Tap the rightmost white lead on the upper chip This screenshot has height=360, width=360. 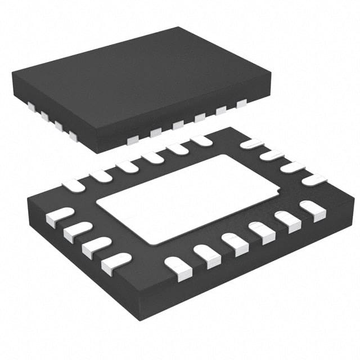(242, 103)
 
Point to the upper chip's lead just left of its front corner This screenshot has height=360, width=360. (73, 135)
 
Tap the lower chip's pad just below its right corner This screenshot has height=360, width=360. (313, 208)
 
